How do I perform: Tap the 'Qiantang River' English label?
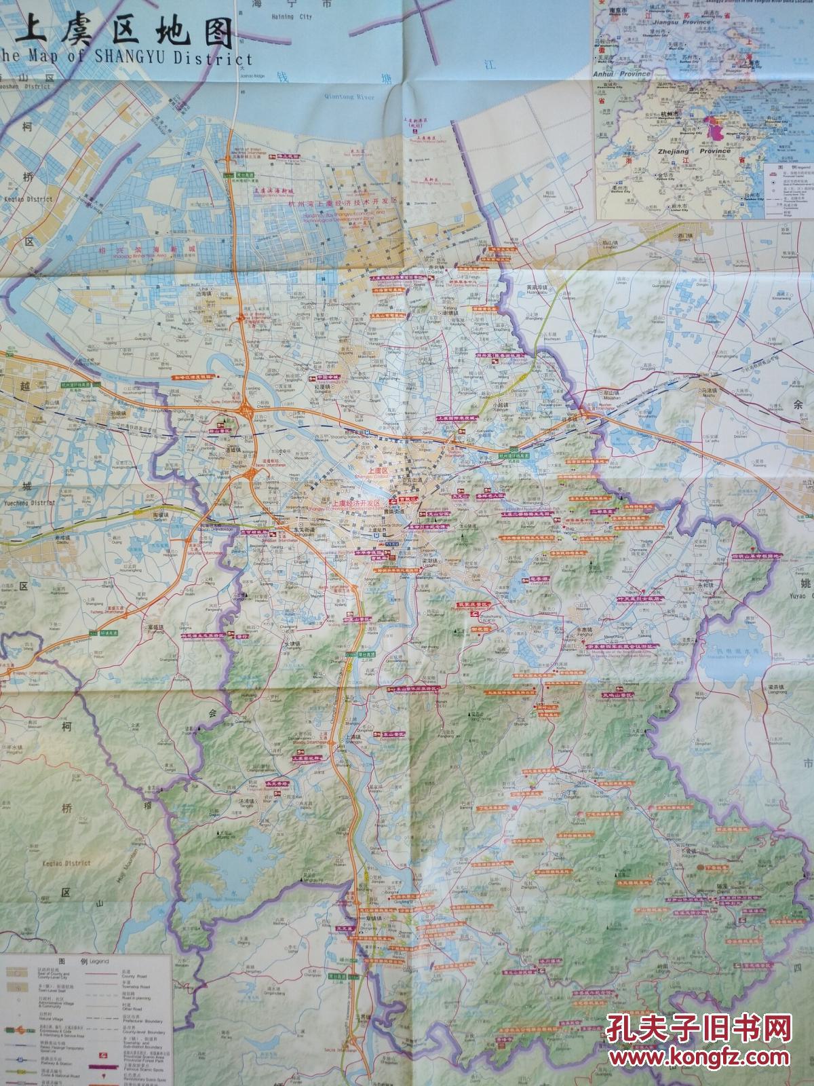pyautogui.click(x=349, y=98)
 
